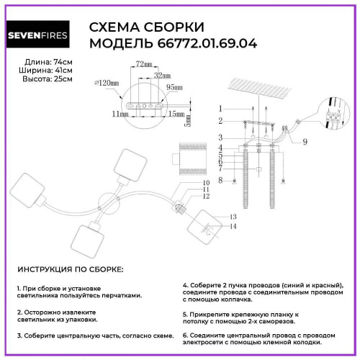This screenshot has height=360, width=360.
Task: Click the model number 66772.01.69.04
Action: [x=172, y=44]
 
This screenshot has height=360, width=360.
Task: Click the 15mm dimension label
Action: [x=175, y=113]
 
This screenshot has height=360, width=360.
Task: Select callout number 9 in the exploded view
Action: [x=305, y=142]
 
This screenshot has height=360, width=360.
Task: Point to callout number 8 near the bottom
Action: [x=222, y=180]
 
